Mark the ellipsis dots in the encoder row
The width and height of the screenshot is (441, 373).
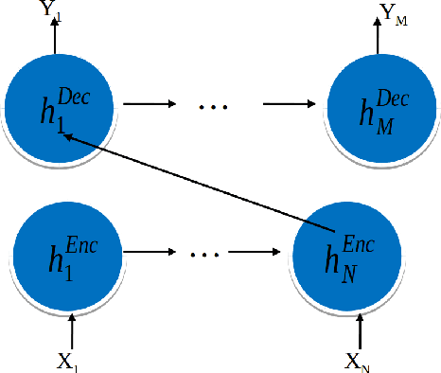click(205, 255)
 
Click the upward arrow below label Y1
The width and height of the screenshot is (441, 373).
click(55, 38)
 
